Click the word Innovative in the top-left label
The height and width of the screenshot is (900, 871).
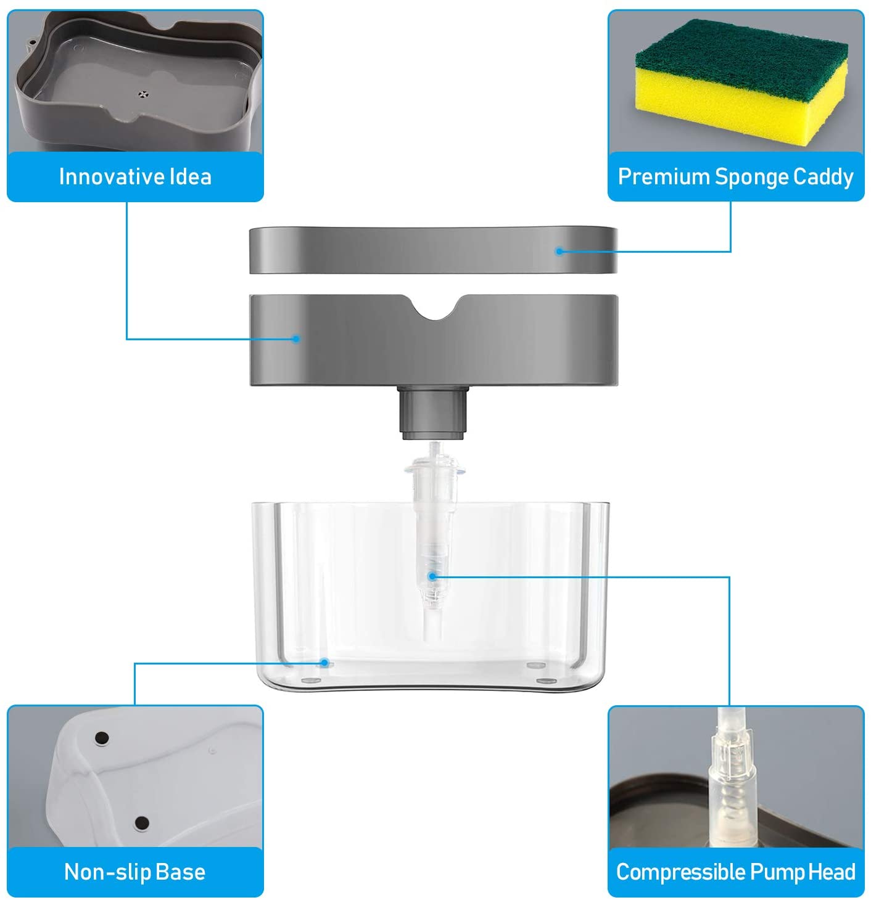[x=109, y=177]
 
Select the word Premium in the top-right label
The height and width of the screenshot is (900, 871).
[x=664, y=177]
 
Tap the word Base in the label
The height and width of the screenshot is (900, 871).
[x=180, y=872]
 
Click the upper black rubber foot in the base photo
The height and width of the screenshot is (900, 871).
[x=102, y=737]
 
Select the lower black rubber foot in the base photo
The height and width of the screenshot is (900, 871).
[x=142, y=822]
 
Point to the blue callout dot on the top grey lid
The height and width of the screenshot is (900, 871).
[x=559, y=251]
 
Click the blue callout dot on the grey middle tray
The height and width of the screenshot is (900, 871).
[x=296, y=338]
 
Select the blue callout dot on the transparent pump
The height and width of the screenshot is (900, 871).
[x=432, y=576]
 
